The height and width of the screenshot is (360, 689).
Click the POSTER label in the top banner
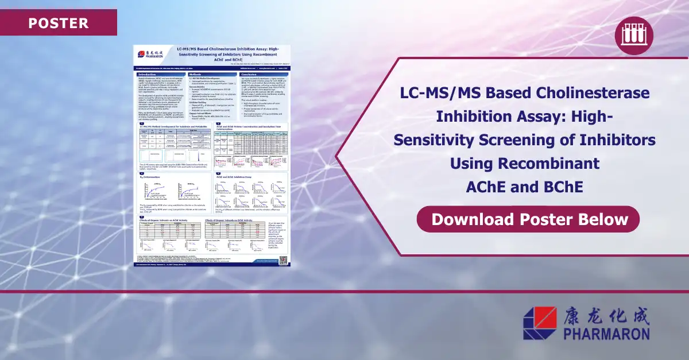[58, 24]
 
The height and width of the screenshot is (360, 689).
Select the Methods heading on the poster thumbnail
[198, 75]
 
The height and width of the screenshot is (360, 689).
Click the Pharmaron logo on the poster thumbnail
[150, 55]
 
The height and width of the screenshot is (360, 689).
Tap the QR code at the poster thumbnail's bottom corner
[282, 260]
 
